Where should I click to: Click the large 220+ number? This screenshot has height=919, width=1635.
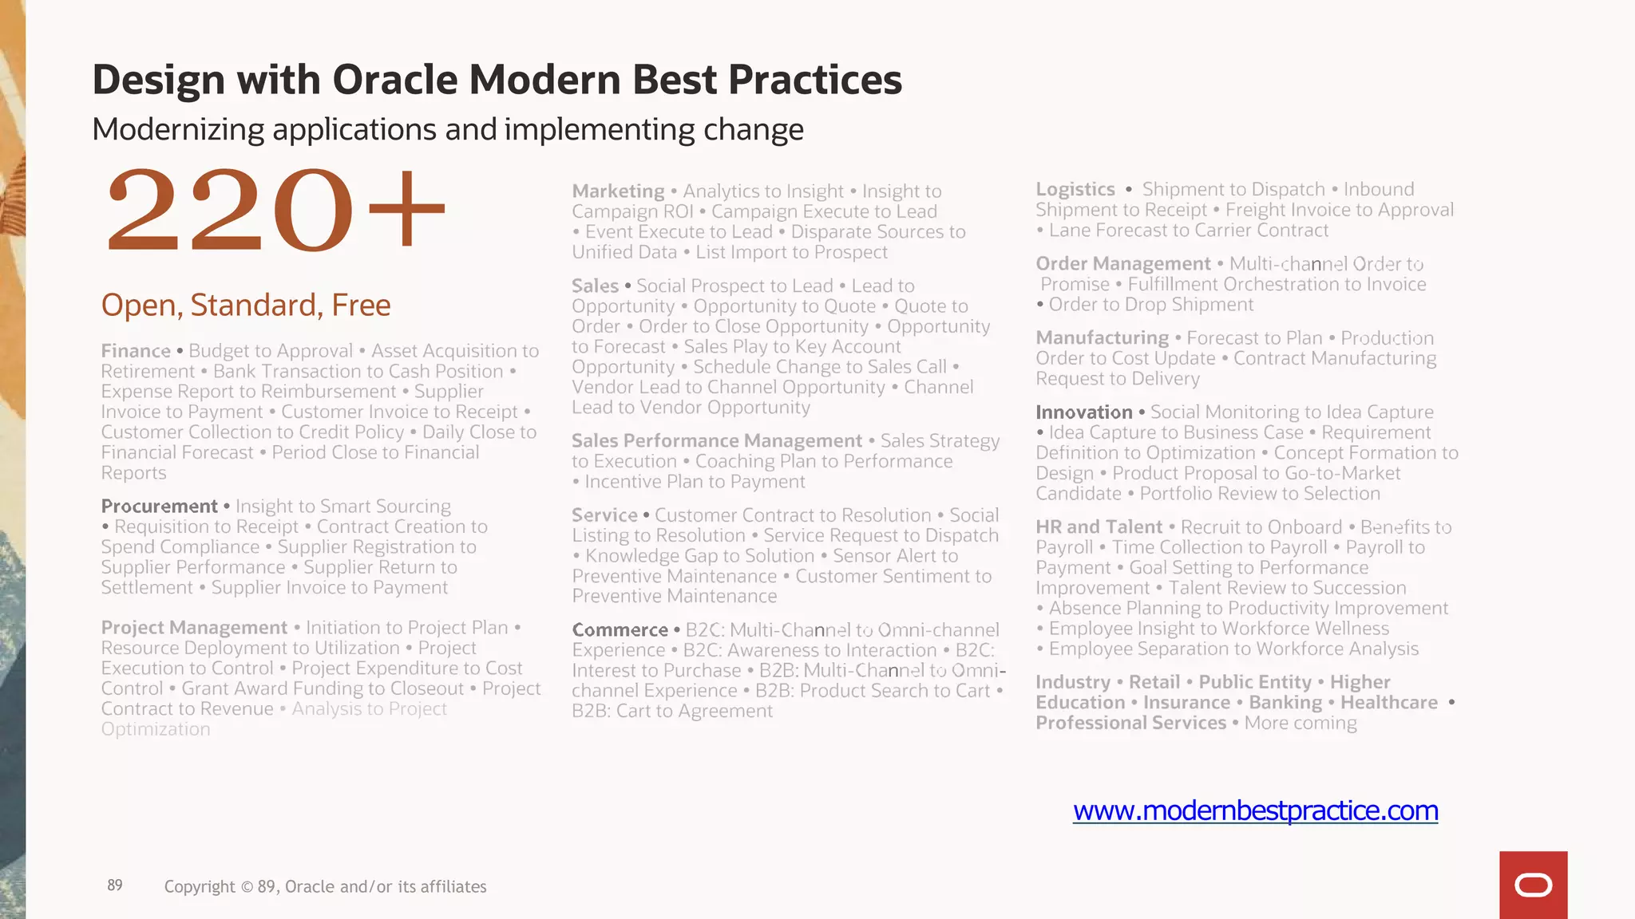[275, 211]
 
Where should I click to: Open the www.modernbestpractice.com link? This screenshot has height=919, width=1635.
[1255, 811]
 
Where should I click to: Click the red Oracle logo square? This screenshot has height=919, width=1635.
[1533, 885]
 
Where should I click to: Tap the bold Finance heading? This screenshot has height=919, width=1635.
[136, 351]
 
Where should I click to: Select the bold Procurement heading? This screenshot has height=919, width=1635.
[159, 507]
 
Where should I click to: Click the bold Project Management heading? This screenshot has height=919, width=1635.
[194, 628]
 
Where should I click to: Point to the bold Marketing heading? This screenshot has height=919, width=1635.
[618, 191]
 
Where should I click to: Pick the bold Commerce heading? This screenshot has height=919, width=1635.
[620, 630]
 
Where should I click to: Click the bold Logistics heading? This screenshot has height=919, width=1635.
[1075, 190]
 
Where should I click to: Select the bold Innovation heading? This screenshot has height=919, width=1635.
[1083, 412]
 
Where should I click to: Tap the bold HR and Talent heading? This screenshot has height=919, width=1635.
[1099, 527]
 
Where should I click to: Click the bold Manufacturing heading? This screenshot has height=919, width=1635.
[1102, 338]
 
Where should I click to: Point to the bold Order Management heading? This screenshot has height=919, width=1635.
[1122, 264]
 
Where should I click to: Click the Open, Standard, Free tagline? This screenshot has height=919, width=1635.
[246, 306]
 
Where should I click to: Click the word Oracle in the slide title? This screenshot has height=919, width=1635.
[394, 80]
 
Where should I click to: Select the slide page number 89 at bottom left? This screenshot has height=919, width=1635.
[115, 885]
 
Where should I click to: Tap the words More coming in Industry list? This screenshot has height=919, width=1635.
[1300, 724]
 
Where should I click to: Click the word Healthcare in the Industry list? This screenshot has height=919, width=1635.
[1388, 703]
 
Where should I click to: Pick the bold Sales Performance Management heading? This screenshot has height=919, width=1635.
[716, 441]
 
